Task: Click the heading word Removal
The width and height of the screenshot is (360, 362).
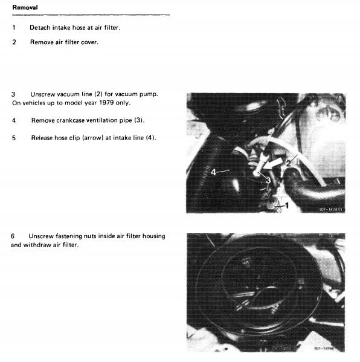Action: (x=25, y=7)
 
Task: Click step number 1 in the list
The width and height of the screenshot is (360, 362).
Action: (x=14, y=28)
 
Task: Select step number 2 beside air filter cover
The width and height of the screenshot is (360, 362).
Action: (x=14, y=42)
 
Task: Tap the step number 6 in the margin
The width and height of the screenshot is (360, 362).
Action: (x=13, y=236)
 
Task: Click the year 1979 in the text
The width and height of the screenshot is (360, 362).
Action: (x=106, y=103)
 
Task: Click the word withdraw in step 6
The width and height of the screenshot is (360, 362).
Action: (x=37, y=245)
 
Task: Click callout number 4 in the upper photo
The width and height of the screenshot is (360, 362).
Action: (x=213, y=172)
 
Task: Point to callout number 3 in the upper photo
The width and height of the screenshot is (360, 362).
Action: (x=268, y=180)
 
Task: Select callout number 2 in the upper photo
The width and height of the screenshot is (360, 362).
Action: (x=289, y=163)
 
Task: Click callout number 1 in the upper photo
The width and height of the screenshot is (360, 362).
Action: (x=287, y=205)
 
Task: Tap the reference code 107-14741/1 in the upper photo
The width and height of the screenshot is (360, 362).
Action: (x=332, y=209)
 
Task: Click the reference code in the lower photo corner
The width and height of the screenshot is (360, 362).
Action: (x=324, y=348)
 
